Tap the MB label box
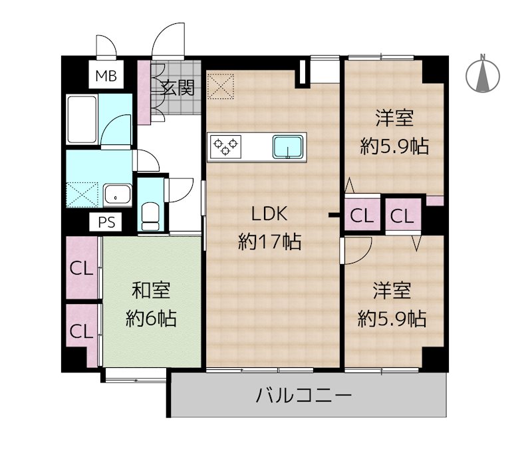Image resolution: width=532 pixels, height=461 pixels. (105, 77)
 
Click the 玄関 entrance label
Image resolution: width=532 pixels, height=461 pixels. (178, 87)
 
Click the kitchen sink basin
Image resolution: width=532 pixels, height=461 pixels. (289, 146)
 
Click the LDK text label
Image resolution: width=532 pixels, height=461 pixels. (269, 215)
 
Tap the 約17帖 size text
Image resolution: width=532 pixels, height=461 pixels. (269, 241)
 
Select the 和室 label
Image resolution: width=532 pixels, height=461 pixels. (151, 291)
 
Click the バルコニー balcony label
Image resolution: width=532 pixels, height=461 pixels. (303, 396)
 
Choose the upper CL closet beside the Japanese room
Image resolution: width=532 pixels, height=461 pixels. (81, 269)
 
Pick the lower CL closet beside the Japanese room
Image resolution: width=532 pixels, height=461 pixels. (81, 331)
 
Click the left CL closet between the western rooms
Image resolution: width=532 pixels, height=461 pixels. (362, 215)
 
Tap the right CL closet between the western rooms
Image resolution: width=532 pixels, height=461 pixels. (402, 215)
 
